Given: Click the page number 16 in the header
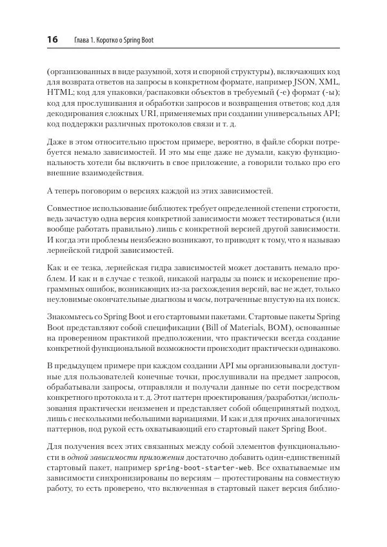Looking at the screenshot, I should point(52,40).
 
